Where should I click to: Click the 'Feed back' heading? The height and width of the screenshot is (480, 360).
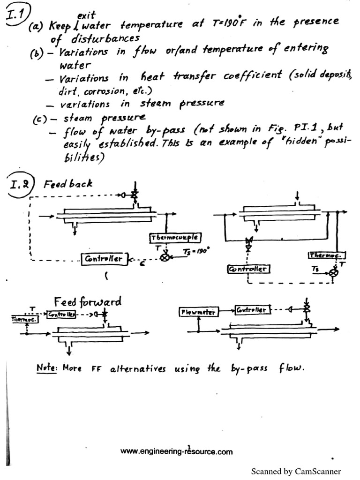click(x=68, y=184)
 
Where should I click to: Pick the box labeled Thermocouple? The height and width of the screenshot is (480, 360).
click(x=175, y=238)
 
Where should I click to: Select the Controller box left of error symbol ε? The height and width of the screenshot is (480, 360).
click(x=104, y=258)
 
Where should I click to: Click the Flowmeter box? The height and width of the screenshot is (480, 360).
click(x=199, y=312)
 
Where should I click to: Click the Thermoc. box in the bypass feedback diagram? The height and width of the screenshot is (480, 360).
click(x=327, y=255)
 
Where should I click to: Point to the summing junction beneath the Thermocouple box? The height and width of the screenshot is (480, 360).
click(x=165, y=257)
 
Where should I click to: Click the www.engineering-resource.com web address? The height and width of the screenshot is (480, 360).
click(x=176, y=452)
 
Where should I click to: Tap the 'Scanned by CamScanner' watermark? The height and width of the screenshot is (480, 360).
click(x=296, y=471)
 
